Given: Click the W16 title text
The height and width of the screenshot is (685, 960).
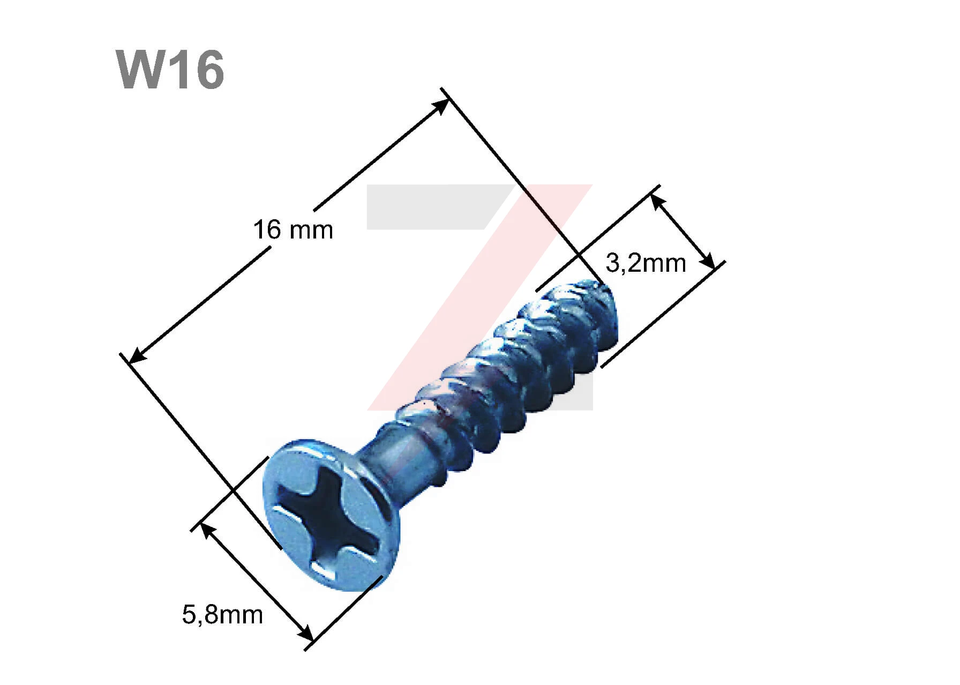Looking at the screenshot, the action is click(170, 70).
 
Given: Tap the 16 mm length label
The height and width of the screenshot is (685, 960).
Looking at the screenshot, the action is click(293, 230).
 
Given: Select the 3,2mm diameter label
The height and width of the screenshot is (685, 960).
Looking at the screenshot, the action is click(646, 263).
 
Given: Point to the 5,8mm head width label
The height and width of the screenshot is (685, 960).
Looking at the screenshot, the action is click(222, 615).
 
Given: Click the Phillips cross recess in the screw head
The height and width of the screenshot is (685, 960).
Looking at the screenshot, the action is click(330, 518).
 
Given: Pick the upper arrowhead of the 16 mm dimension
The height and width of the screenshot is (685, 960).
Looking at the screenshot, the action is click(440, 107).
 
